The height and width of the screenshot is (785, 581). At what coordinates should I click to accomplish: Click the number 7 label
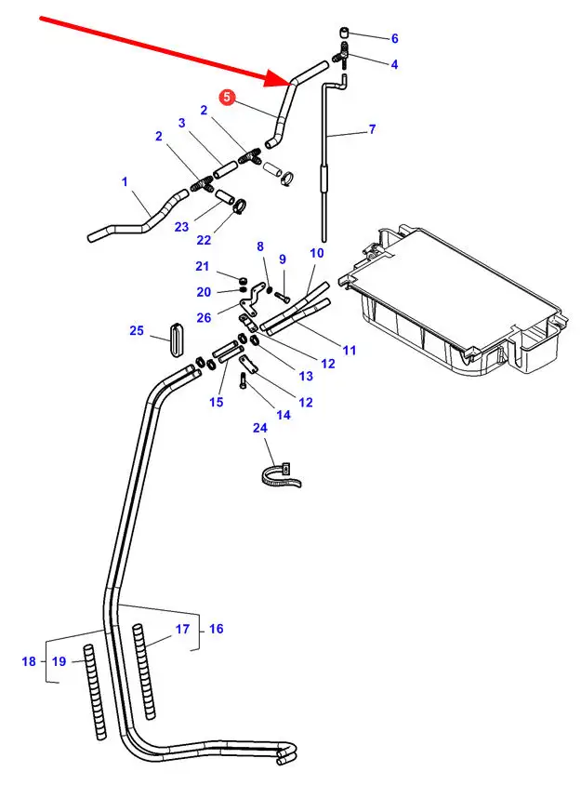pos(372,129)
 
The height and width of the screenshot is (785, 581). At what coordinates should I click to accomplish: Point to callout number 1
pos(125,181)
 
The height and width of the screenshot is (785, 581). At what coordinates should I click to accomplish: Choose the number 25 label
pos(137,331)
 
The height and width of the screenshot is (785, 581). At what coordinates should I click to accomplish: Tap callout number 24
pos(259,428)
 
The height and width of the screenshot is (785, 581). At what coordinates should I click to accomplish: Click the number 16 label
pos(216,629)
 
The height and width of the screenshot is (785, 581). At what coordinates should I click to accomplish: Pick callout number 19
pos(59,661)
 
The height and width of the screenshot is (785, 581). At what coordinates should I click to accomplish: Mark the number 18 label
pos(29,661)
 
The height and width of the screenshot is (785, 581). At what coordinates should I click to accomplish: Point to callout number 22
pos(204,240)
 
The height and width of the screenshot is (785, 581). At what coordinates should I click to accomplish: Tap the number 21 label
pos(204,267)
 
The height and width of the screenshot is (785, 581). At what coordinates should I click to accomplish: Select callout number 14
pos(284,415)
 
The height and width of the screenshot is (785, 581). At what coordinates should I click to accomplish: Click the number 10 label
pos(317,253)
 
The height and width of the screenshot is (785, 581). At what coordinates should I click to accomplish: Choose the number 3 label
pos(181,123)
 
